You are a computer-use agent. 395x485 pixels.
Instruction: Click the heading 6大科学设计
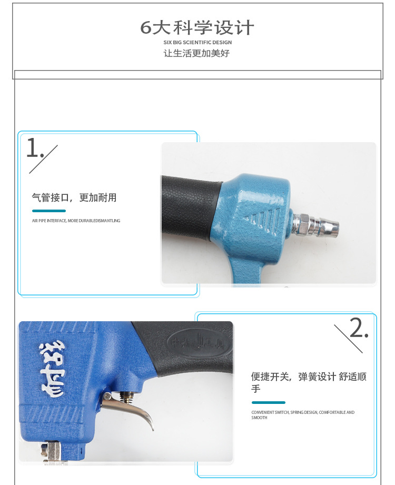pos(197,27)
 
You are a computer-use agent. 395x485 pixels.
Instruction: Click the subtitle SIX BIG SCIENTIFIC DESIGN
pos(197,42)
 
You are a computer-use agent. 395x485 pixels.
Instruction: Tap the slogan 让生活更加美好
pos(197,53)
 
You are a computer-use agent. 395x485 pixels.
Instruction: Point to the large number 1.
pos(33,149)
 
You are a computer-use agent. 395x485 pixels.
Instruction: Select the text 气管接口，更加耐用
pos(74,198)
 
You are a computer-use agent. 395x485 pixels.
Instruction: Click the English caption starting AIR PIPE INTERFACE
pos(76,221)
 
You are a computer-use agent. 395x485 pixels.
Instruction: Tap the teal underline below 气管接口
pos(48,211)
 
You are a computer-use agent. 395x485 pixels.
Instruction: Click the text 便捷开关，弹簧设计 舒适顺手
pos(308,382)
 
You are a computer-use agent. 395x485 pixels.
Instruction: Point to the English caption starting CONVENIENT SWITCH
pos(303,415)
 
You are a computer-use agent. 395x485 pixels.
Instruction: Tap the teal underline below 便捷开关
pos(268,402)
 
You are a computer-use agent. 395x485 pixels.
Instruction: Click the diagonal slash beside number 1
pos(43,159)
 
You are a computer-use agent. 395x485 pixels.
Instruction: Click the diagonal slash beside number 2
pos(348,339)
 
